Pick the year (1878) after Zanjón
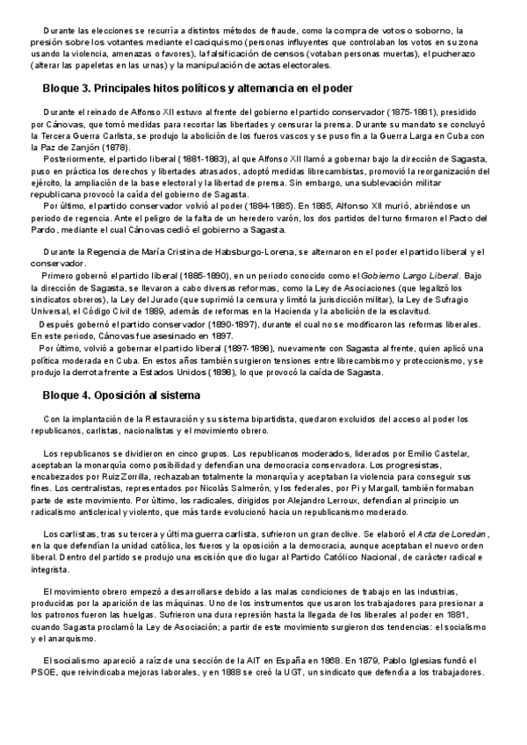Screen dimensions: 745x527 click(x=117, y=147)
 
